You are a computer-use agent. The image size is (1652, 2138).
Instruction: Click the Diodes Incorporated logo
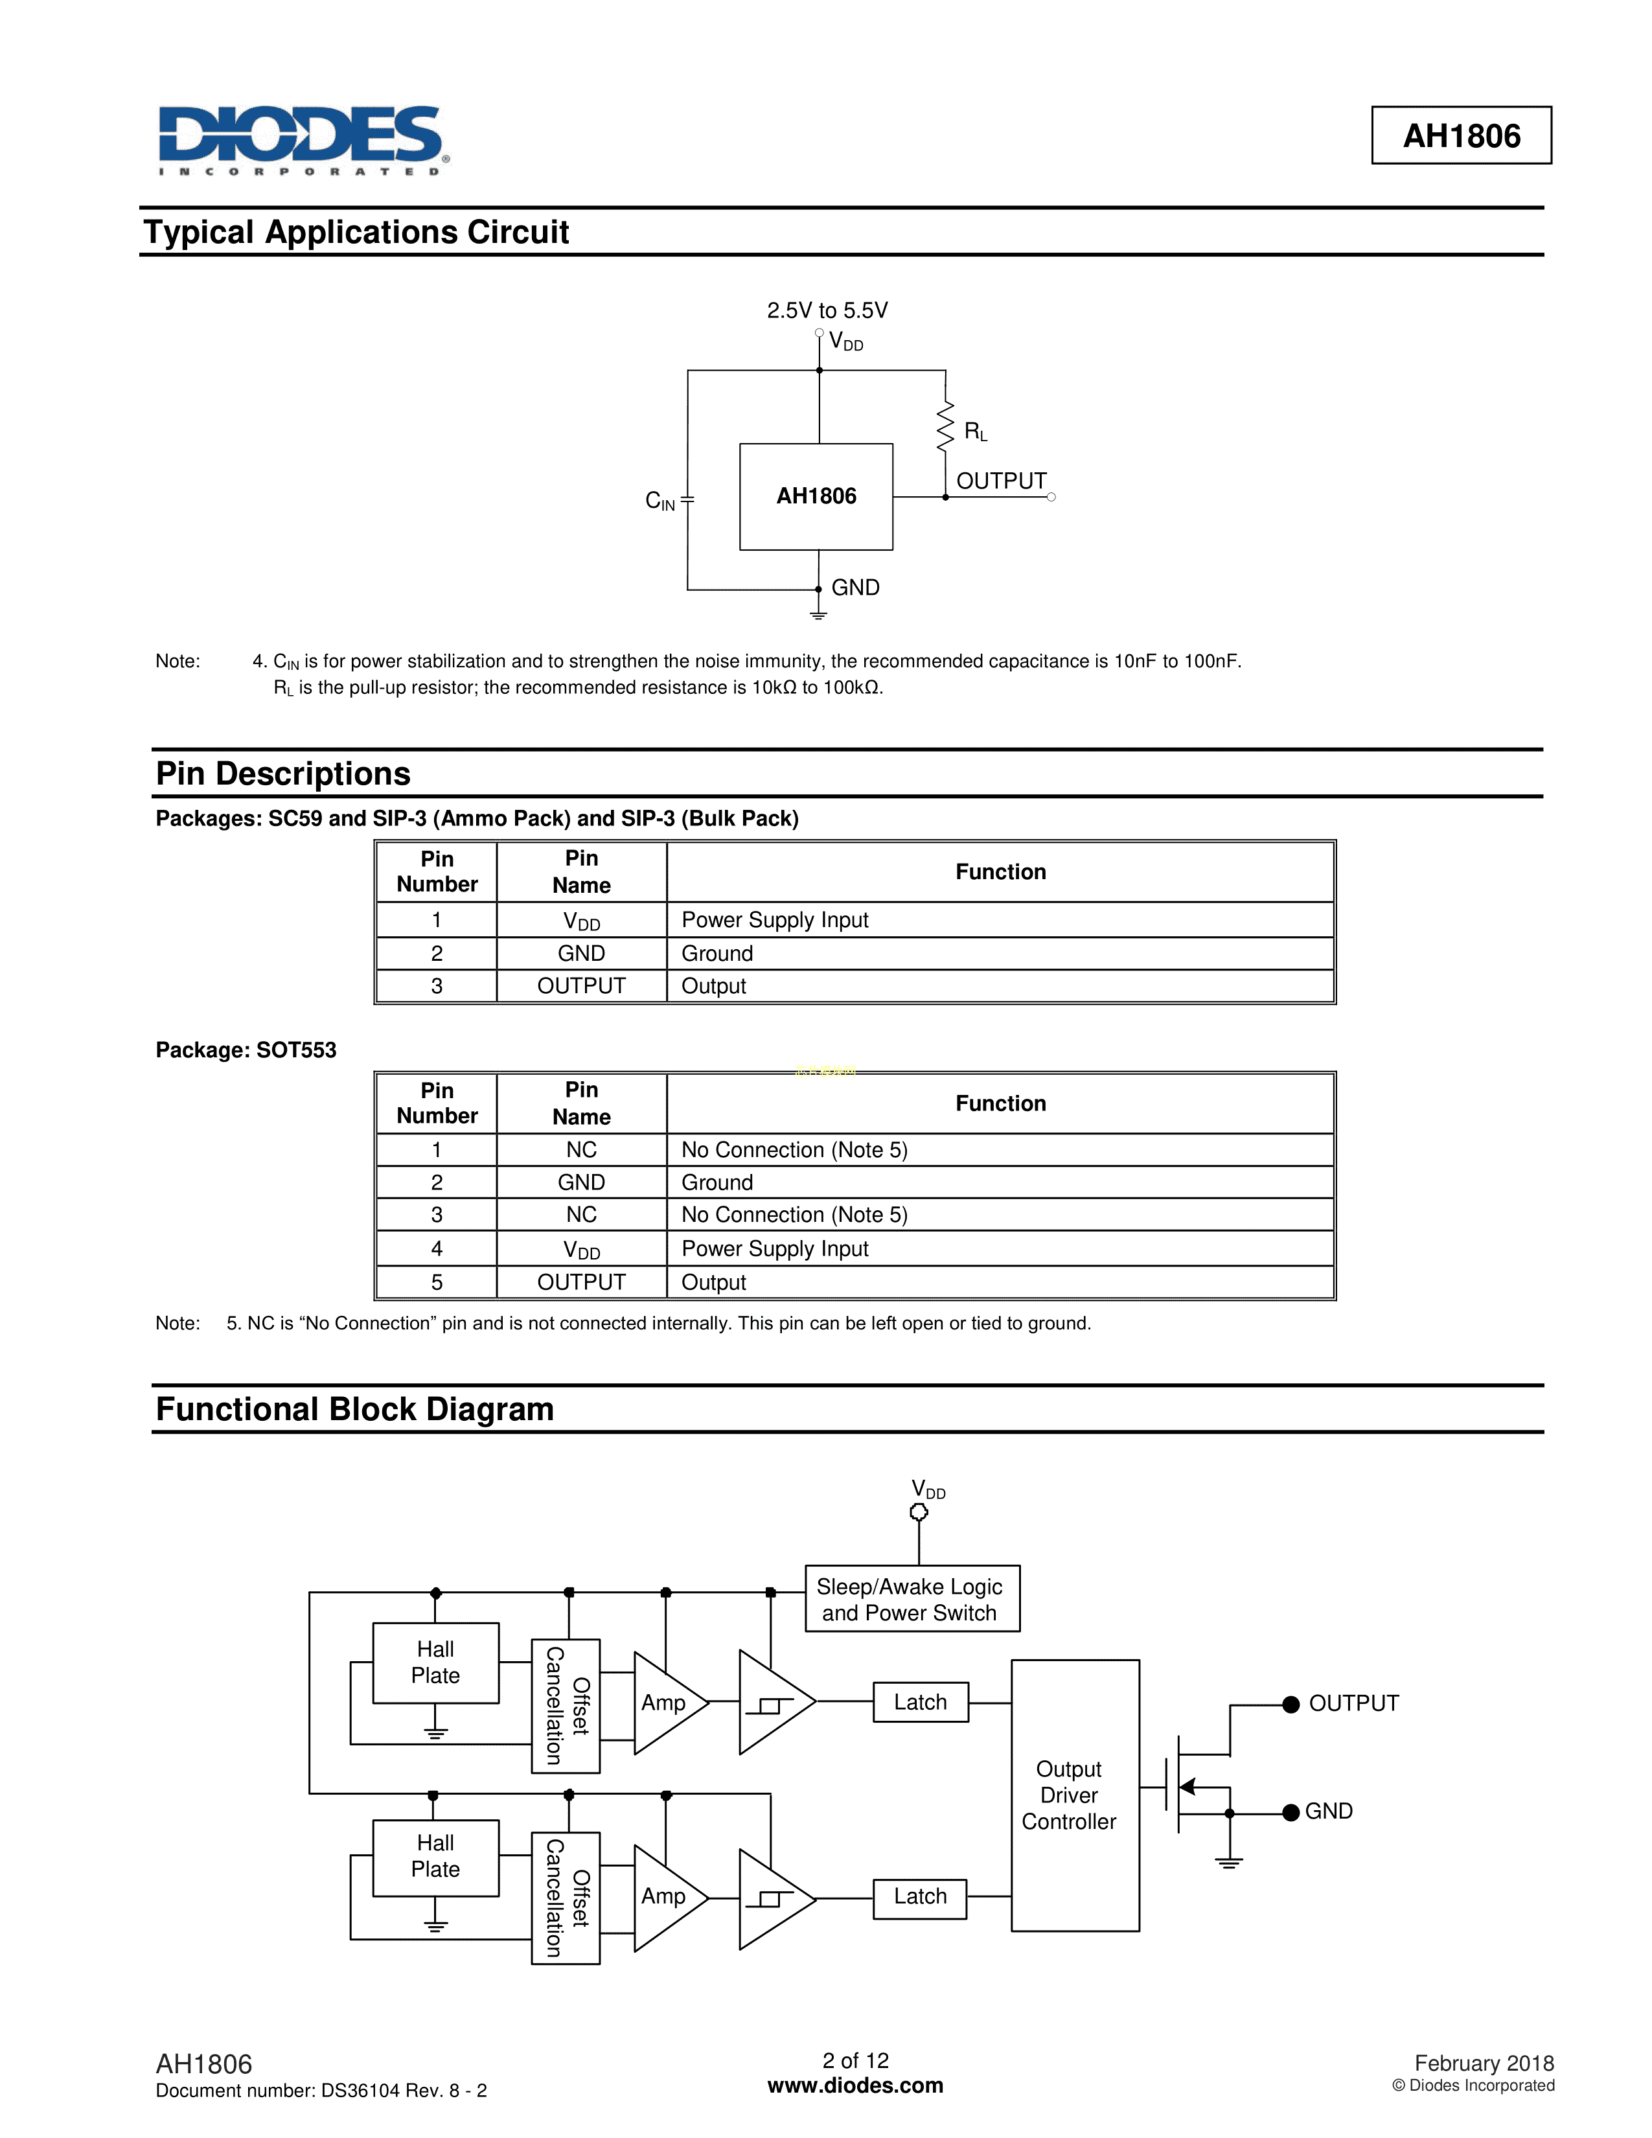[303, 140]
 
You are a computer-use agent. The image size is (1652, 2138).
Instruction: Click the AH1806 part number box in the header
[1460, 135]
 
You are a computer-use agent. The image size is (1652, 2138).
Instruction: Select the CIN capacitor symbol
[687, 500]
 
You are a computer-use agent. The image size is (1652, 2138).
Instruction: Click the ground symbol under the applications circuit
[818, 613]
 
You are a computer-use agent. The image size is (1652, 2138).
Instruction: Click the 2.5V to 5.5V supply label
[827, 310]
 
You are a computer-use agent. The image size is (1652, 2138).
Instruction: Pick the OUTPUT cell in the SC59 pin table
[581, 987]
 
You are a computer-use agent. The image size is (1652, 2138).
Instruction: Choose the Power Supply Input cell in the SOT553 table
[774, 1249]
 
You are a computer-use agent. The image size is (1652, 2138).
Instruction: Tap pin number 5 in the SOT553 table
[437, 1282]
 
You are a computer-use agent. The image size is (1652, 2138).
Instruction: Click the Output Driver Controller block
[1075, 1795]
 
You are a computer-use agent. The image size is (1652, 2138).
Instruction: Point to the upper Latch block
[920, 1703]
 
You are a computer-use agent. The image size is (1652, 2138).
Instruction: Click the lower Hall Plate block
[435, 1857]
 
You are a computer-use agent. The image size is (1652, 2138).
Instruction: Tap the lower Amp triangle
[665, 1896]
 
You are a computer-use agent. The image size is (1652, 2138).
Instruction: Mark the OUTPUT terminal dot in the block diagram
[1291, 1705]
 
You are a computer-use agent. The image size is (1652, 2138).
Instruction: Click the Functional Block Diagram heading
[354, 1410]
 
